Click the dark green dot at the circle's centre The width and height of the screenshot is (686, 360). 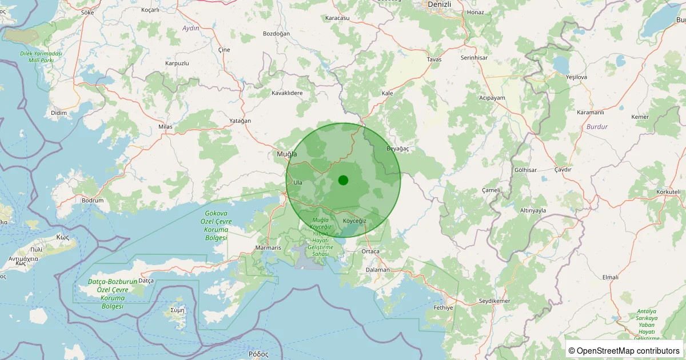(x=343, y=180)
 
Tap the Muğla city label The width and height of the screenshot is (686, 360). (x=286, y=154)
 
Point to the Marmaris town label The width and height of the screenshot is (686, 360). (x=268, y=248)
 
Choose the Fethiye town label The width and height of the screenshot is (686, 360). (x=443, y=307)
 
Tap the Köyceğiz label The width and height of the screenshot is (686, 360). (x=354, y=221)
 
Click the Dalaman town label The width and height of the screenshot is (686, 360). (x=377, y=270)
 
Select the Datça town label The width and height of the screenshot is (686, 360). (x=146, y=281)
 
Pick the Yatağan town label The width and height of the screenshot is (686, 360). (x=240, y=121)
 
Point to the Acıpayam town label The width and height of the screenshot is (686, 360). (x=492, y=98)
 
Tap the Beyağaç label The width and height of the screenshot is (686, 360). (x=398, y=149)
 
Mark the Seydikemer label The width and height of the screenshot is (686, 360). (x=494, y=301)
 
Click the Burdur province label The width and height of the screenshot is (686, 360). (x=597, y=126)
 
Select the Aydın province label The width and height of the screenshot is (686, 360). (x=190, y=28)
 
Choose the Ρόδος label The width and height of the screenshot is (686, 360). (x=258, y=354)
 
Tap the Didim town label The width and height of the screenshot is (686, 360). (x=59, y=113)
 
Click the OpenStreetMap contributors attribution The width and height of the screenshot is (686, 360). (x=624, y=350)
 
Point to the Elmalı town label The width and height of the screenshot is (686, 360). (x=611, y=277)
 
